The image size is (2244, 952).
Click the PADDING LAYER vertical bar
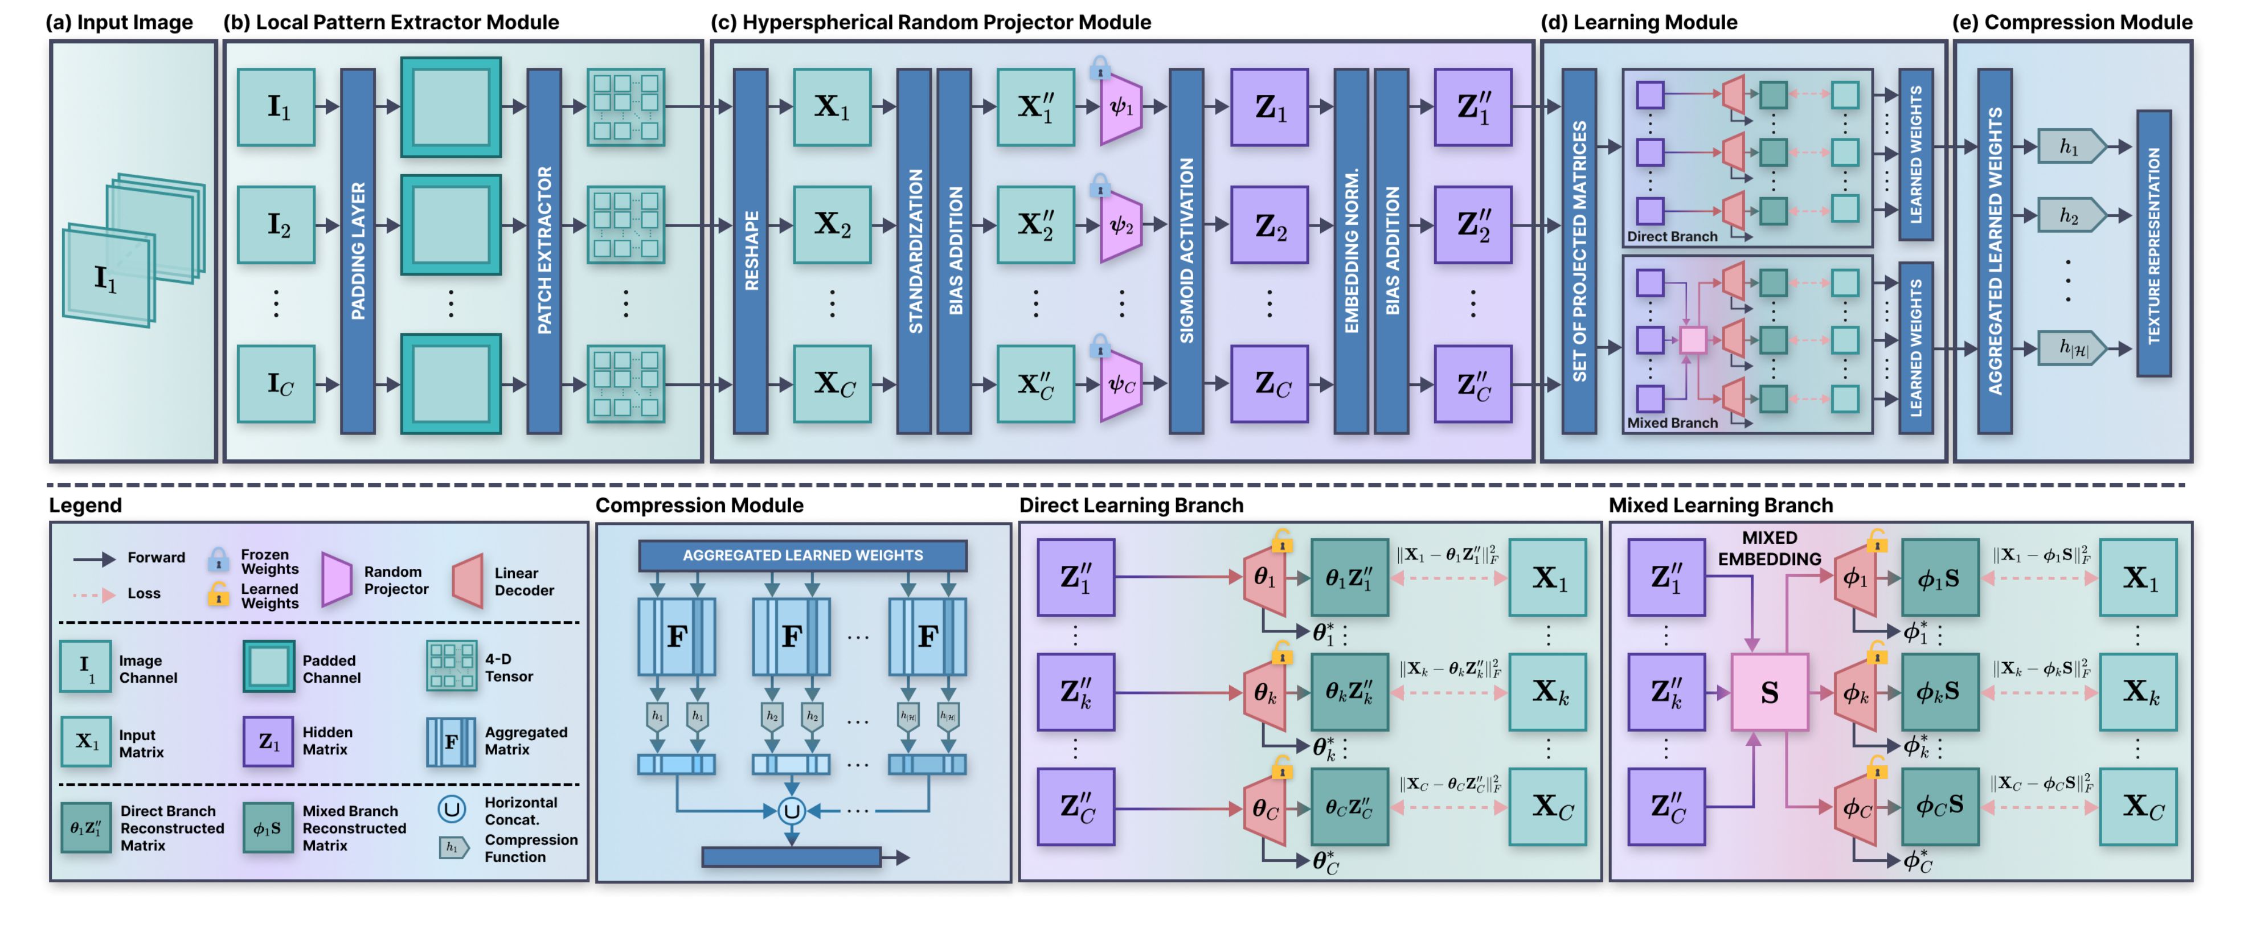357,251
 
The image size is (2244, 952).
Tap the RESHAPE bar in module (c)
750,251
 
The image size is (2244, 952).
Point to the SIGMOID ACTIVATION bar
1186,251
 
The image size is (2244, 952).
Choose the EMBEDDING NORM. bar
1350,251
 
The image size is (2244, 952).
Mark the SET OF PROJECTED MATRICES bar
1578,251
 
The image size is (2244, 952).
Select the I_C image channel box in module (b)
277,384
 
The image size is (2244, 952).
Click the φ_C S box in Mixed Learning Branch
1939,807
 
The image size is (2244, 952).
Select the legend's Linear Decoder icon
468,581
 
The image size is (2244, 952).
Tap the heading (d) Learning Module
1637,23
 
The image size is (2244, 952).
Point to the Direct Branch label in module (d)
1672,237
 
